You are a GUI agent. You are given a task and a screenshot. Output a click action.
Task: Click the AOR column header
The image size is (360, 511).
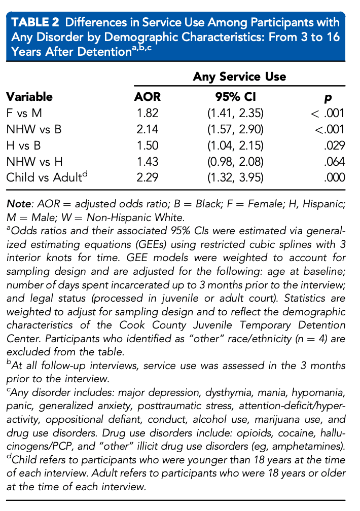[x=147, y=97]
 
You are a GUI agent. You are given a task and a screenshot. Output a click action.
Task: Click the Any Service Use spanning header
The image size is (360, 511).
[x=239, y=77]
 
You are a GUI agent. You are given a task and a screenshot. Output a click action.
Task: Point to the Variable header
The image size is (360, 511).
[x=29, y=97]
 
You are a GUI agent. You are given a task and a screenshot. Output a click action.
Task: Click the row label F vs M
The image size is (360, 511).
[x=24, y=113]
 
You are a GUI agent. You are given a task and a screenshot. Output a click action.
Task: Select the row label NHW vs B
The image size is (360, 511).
[x=33, y=129]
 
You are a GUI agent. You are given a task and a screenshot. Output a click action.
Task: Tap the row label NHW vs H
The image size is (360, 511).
[x=33, y=162]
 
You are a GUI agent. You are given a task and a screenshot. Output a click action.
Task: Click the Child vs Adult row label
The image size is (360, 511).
[x=45, y=177]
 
